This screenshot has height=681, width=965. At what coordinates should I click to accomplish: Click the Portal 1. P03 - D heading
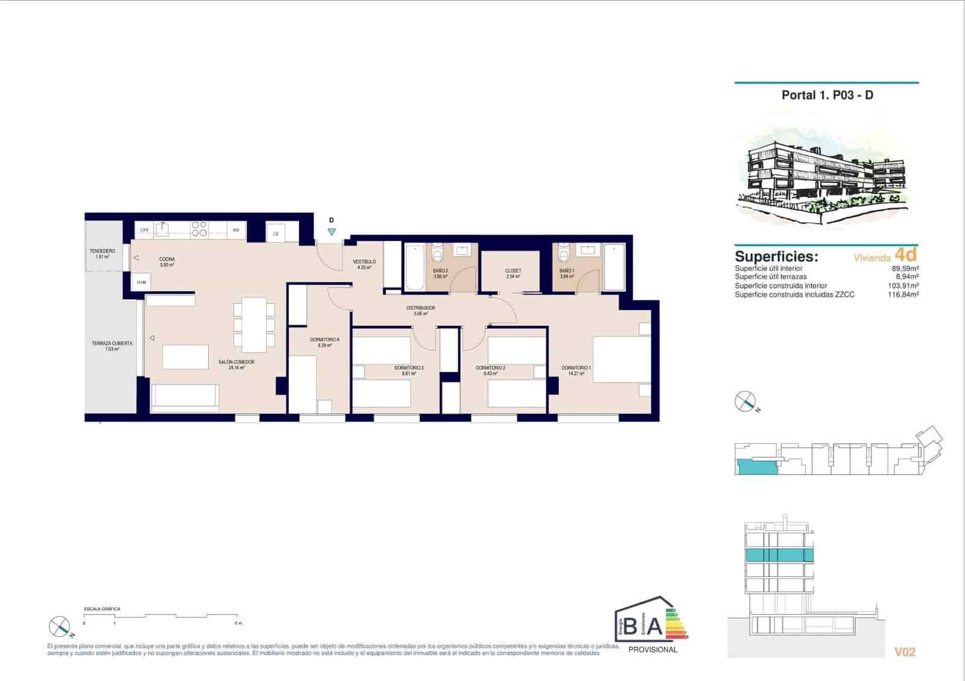pos(827,95)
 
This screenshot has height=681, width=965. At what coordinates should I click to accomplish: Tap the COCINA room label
pos(167,259)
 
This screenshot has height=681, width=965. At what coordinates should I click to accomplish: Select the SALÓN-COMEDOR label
pos(236,362)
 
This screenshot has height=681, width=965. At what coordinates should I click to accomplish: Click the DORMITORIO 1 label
pos(576,367)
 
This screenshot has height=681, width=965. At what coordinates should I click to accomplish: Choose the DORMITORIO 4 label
pos(324,340)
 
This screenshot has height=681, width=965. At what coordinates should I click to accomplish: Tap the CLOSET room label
pos(513,271)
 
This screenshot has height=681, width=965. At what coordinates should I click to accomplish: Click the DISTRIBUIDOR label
pos(420,308)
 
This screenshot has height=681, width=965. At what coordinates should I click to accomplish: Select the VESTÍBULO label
pos(364,262)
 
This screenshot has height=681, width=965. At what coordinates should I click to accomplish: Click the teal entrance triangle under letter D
pos(331,232)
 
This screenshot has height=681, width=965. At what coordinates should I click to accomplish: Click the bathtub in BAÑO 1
pos(614,267)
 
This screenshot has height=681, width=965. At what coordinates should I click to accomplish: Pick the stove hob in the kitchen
pos(199,229)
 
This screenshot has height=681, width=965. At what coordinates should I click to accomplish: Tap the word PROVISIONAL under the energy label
pos(653,650)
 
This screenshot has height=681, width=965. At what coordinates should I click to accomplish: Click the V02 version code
pos(905,651)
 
